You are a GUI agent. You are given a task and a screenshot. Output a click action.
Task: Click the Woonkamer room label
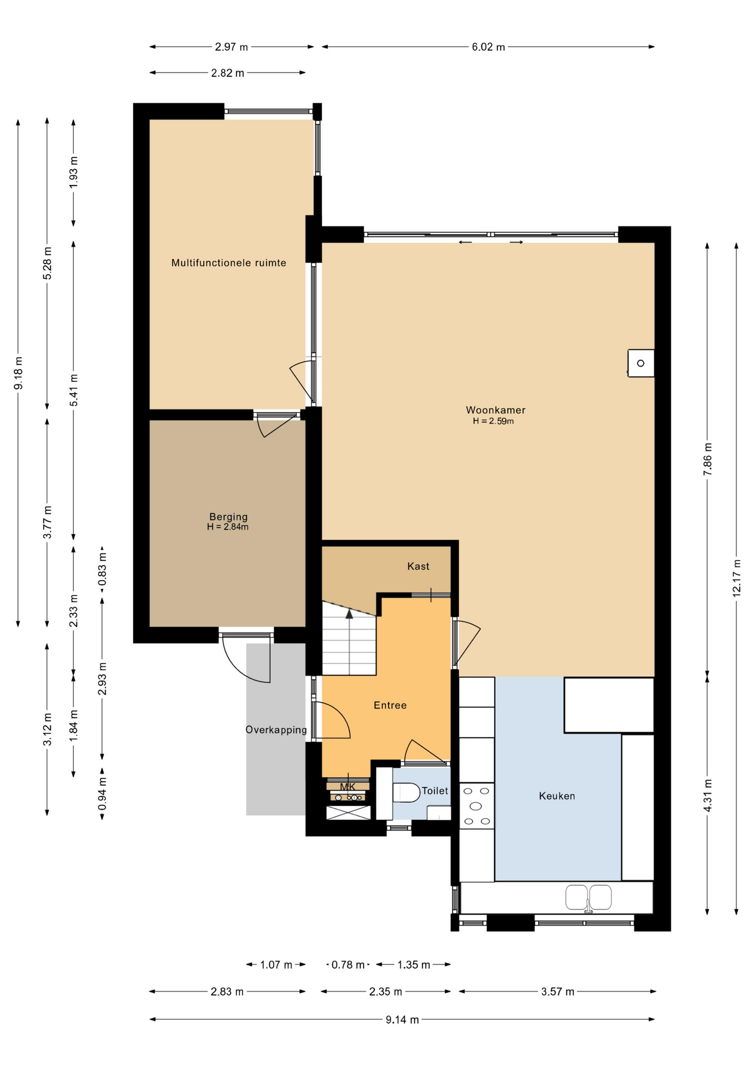[495, 410]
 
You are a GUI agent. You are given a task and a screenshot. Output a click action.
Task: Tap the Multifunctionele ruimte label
[229, 263]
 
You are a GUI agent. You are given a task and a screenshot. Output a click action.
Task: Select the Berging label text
[228, 516]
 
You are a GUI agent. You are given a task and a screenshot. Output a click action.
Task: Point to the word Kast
[418, 566]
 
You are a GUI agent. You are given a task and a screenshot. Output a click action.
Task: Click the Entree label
[390, 705]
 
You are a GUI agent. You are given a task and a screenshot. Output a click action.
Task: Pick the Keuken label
[557, 796]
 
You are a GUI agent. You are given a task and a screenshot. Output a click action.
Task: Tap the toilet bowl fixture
[406, 792]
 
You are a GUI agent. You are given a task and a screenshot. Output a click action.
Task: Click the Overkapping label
[276, 730]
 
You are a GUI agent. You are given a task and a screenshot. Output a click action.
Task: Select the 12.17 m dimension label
[736, 577]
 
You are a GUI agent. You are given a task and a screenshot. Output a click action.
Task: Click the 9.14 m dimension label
[403, 1019]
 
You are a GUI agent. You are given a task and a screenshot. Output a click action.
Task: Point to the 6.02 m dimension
[489, 47]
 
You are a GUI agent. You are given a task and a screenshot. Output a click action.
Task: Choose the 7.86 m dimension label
[707, 459]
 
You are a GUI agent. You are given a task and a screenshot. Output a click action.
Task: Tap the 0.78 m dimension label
[348, 964]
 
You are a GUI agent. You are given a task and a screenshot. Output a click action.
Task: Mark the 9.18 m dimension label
[18, 372]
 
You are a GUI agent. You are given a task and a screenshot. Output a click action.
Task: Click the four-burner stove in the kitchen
[476, 806]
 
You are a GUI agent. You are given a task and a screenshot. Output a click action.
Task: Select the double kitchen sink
[589, 898]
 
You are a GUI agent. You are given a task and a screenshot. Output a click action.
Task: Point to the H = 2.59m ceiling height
[493, 421]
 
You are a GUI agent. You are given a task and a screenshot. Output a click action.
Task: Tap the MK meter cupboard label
[348, 787]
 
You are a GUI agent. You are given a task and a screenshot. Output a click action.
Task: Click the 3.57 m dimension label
[557, 992]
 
